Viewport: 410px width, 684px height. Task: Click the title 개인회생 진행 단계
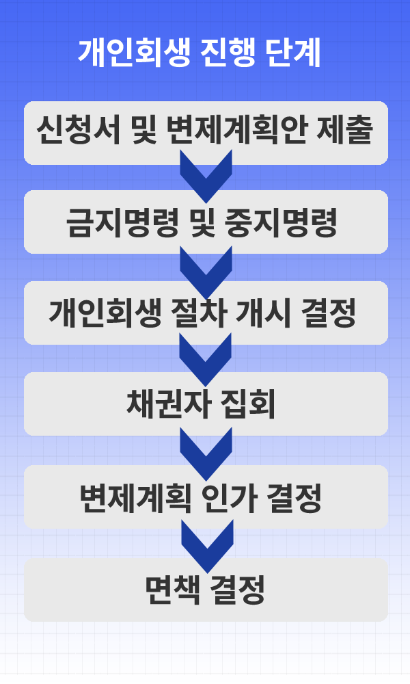199,53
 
